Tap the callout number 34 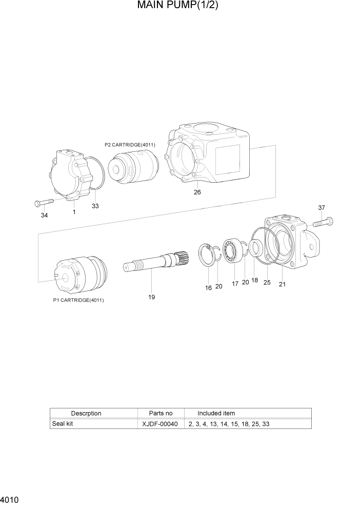point(45,216)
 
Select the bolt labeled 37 point(322,222)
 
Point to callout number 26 point(197,192)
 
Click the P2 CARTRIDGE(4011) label point(130,145)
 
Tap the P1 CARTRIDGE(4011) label point(78,300)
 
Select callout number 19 point(152,297)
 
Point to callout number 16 point(209,288)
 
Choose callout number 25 point(267,282)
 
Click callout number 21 point(282,284)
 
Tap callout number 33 point(95,206)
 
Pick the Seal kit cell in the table point(63,424)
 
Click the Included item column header point(216,413)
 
